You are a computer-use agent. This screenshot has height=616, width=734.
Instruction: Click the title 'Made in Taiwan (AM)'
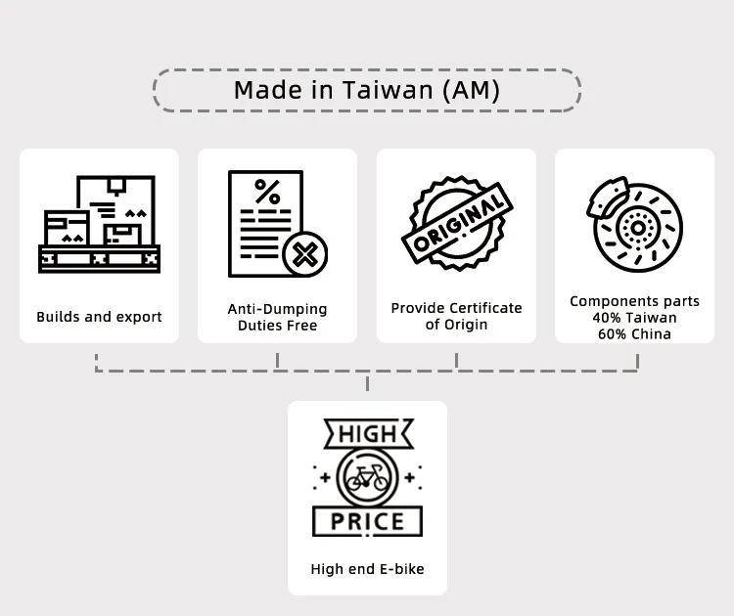coord(366,90)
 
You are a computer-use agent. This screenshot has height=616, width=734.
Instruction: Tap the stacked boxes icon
coord(100,215)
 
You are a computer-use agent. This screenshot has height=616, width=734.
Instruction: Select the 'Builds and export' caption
coord(99,317)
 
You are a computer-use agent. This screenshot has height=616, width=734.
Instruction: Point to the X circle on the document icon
coord(304,256)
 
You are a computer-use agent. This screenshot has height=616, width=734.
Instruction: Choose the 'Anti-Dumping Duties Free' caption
coord(277,317)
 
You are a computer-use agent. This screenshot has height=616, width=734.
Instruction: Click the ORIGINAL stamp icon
coord(457,225)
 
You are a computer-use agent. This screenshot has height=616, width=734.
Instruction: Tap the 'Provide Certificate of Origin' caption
coord(456,316)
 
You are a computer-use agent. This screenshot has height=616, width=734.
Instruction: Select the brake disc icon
coord(637,228)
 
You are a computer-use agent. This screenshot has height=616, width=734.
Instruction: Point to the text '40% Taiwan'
coord(634,318)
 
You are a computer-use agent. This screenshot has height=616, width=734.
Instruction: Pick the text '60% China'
coord(634,333)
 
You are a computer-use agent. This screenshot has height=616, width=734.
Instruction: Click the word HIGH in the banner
coord(367,434)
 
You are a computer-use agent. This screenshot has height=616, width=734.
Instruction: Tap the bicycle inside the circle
coord(367,478)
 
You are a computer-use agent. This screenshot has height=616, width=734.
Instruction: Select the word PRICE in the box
coord(367,522)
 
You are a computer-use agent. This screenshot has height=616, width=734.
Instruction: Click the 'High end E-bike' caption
coord(367,569)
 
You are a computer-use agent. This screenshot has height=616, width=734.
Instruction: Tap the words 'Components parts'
coord(634,301)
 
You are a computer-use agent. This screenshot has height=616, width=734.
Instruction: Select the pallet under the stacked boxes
coord(99,259)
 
